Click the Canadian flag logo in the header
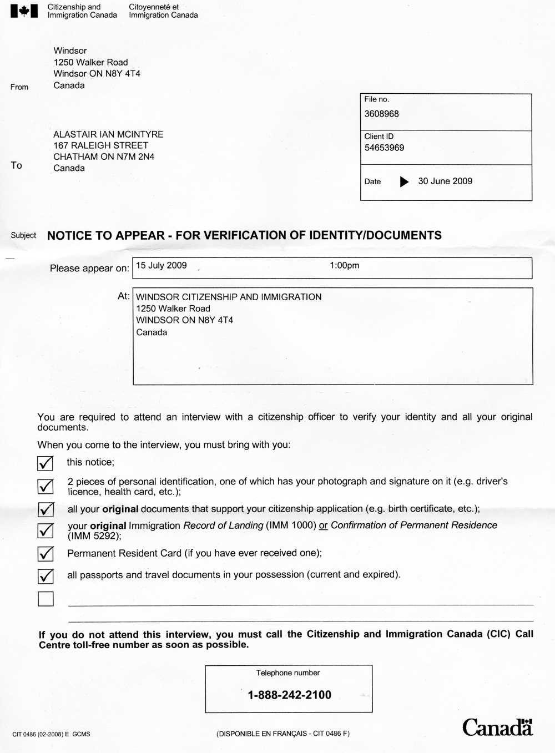(x=24, y=11)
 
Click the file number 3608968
(x=381, y=114)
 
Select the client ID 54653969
(x=384, y=148)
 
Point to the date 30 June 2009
(x=445, y=181)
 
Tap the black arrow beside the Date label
(x=404, y=181)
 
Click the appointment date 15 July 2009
(x=161, y=266)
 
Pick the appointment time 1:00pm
(x=344, y=266)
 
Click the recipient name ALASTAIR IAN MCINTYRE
(x=108, y=134)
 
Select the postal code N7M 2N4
(x=135, y=157)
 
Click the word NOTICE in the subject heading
(x=69, y=236)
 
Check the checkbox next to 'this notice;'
(x=46, y=463)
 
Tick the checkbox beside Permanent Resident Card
(x=46, y=554)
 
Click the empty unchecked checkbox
(x=46, y=599)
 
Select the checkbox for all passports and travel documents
(x=46, y=576)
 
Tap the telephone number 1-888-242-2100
(x=289, y=695)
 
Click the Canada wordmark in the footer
(x=497, y=727)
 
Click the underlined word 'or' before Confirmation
(x=323, y=525)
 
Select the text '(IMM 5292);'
(x=94, y=536)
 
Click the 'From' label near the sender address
(x=19, y=87)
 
